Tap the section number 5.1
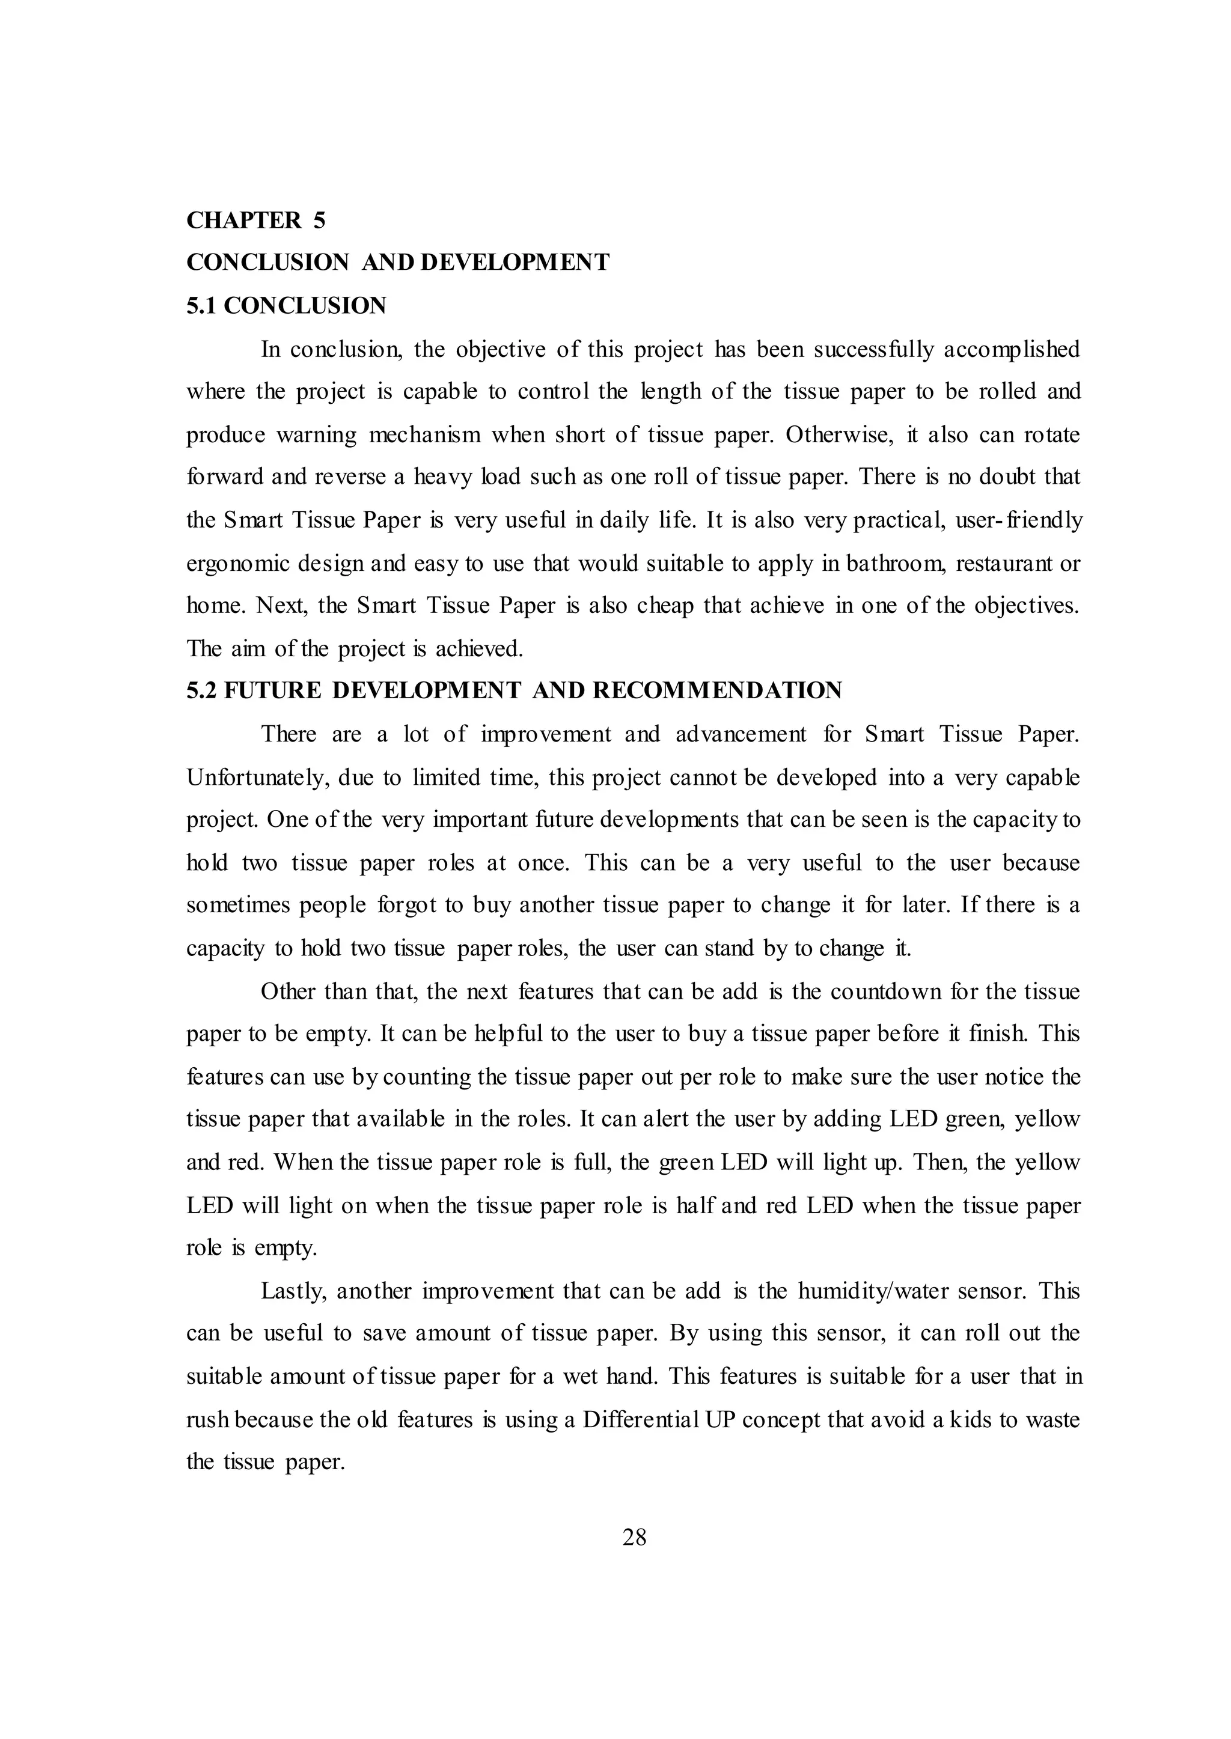(x=203, y=306)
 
